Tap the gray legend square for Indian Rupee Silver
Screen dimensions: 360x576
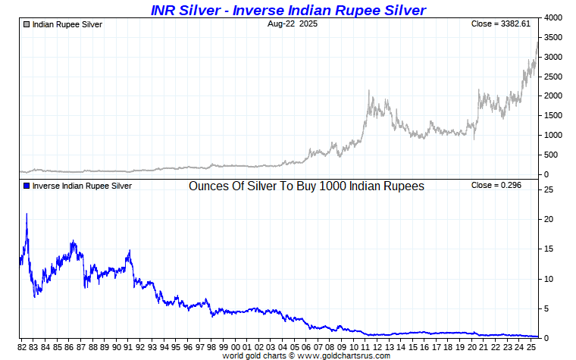27,25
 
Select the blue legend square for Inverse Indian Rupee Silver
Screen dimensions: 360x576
27,186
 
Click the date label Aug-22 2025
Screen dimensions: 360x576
293,24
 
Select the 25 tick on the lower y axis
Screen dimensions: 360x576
548,189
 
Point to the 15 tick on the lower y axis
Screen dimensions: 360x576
548,249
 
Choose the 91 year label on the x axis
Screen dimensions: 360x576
127,347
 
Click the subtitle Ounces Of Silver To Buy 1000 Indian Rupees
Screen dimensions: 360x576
306,186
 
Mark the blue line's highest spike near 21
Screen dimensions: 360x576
27,214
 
